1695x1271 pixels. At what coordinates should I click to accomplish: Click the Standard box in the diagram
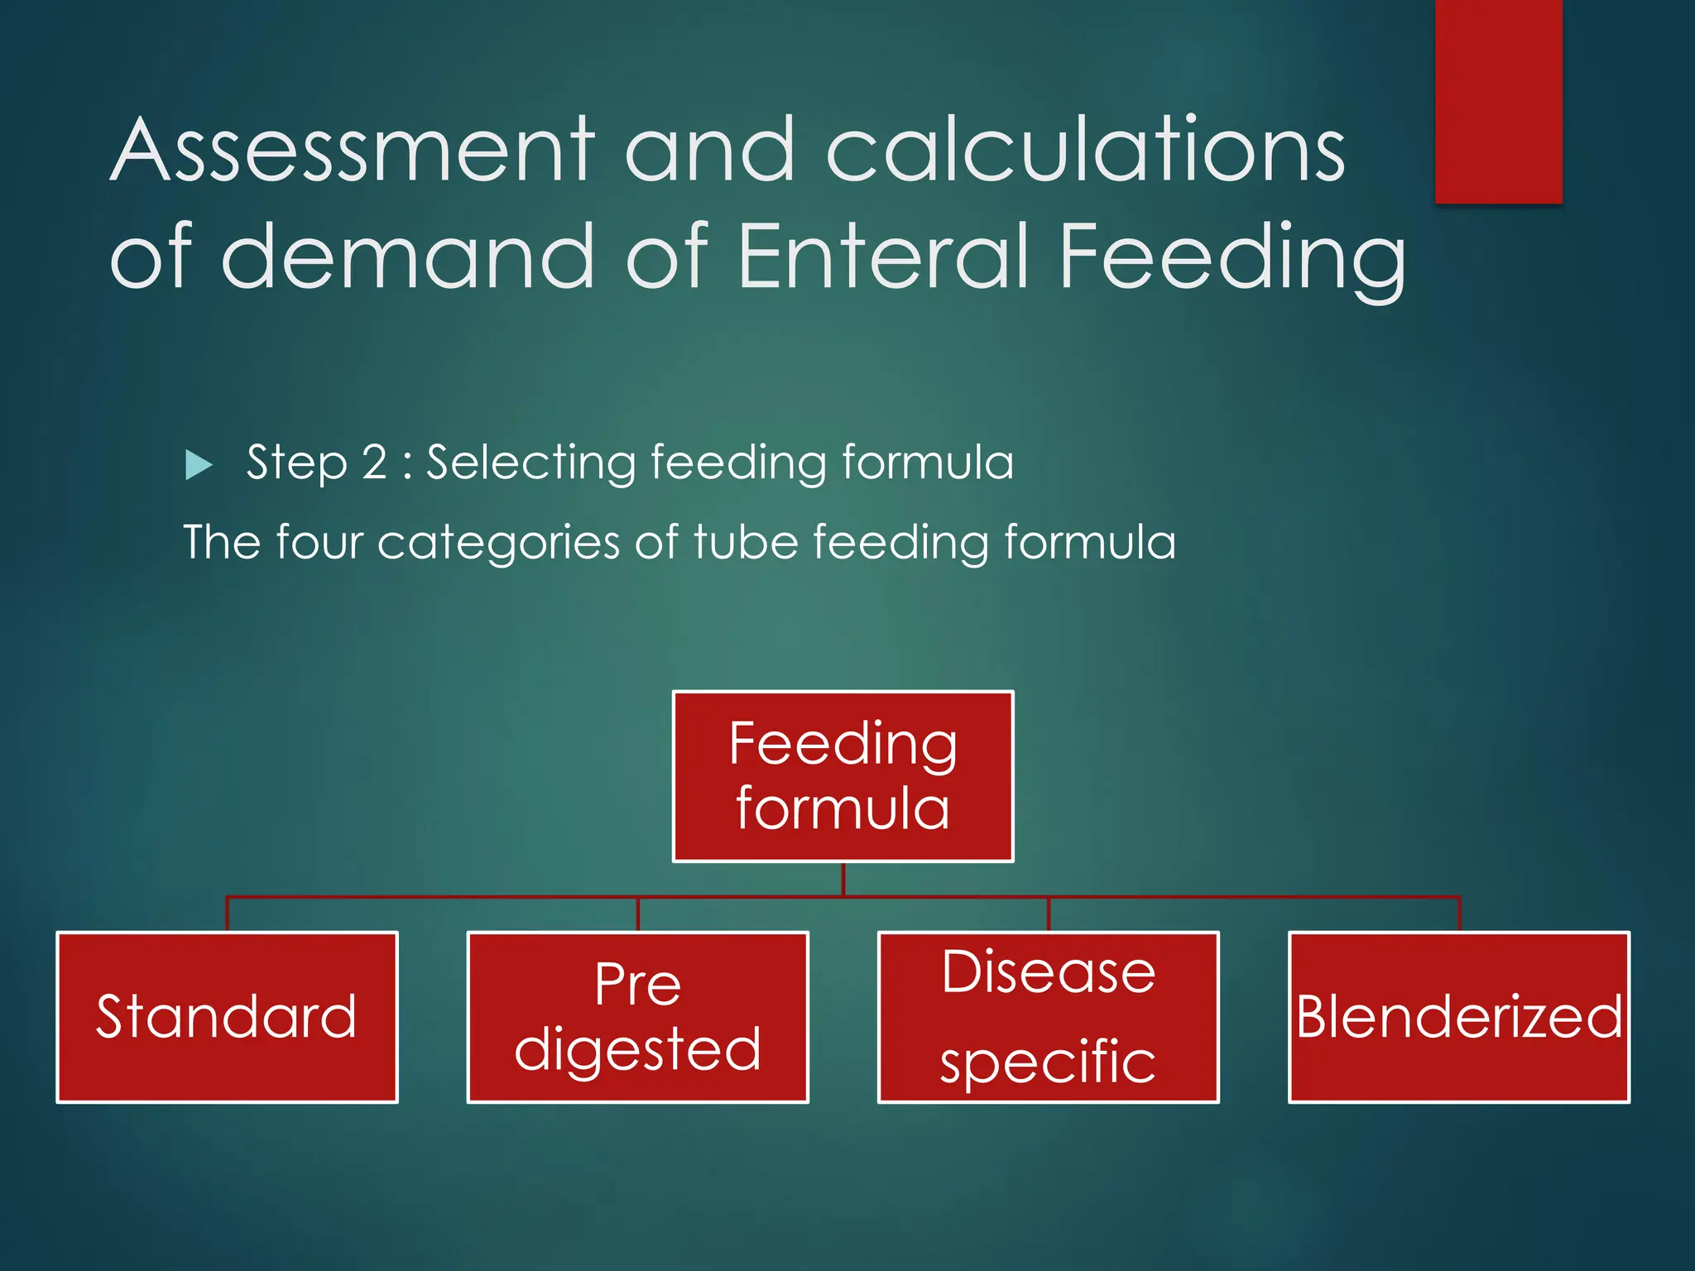(x=227, y=1017)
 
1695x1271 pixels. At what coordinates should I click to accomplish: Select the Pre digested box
(x=637, y=1017)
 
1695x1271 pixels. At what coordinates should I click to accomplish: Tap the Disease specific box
(x=1048, y=1017)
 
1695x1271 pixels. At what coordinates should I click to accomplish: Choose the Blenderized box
(x=1458, y=1017)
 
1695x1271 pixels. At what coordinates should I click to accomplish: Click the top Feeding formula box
(x=843, y=776)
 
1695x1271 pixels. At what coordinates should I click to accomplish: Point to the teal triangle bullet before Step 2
(x=199, y=464)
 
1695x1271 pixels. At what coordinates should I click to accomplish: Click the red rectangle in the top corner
(x=1498, y=99)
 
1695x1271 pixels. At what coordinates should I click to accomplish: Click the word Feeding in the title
(x=1232, y=258)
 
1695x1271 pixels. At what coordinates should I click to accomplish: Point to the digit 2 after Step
(x=374, y=462)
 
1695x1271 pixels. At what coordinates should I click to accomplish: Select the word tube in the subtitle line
(x=746, y=542)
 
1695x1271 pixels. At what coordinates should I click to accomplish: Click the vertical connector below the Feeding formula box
(x=843, y=879)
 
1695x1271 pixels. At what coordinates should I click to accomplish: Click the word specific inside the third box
(x=1048, y=1062)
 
